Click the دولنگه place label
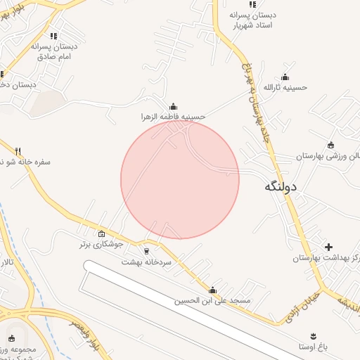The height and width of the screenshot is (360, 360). point(281,186)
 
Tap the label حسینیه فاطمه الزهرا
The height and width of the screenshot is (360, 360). point(173,117)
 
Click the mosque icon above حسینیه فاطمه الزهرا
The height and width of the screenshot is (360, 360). point(173,106)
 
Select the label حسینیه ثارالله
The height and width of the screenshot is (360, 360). point(285,87)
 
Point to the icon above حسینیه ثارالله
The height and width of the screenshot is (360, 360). point(285,77)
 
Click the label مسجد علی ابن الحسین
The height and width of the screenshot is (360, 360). point(213,300)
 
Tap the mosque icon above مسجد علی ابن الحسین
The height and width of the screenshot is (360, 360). point(213,290)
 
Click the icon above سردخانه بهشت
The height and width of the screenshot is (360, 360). point(146,250)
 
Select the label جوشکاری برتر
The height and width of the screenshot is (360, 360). point(101,245)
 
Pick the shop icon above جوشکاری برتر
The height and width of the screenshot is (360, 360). point(101,234)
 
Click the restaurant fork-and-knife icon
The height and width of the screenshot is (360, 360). point(18,150)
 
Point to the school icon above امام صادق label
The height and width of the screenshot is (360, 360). point(53,36)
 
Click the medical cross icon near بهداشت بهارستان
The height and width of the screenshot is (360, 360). point(328,247)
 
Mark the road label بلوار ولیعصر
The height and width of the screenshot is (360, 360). point(85,333)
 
